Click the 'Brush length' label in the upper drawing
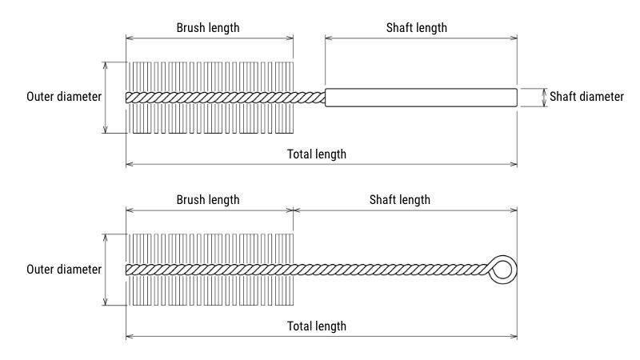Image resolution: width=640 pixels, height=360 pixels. point(208,27)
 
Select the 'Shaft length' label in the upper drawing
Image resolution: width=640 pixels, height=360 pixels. point(416,27)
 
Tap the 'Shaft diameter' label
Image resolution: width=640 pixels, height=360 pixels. point(587,97)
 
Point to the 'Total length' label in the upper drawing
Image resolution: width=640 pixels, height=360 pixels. point(317,154)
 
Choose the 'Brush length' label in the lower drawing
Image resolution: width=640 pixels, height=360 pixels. point(208,199)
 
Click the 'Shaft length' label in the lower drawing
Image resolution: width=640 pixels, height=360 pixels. point(399,199)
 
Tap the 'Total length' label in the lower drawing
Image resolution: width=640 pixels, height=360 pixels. point(317,326)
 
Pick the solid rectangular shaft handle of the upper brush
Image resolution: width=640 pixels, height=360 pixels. point(421,97)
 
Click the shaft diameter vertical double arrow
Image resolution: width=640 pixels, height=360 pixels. point(545,97)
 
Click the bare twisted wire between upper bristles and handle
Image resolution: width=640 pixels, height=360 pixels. point(309,97)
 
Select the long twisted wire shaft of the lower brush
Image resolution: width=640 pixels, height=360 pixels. point(392,269)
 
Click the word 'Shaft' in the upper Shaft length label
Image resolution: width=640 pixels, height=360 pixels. point(400,27)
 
